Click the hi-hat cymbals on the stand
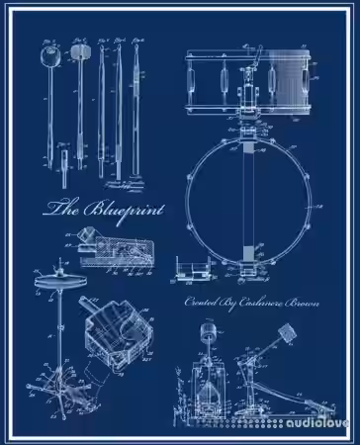tap(61, 284)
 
